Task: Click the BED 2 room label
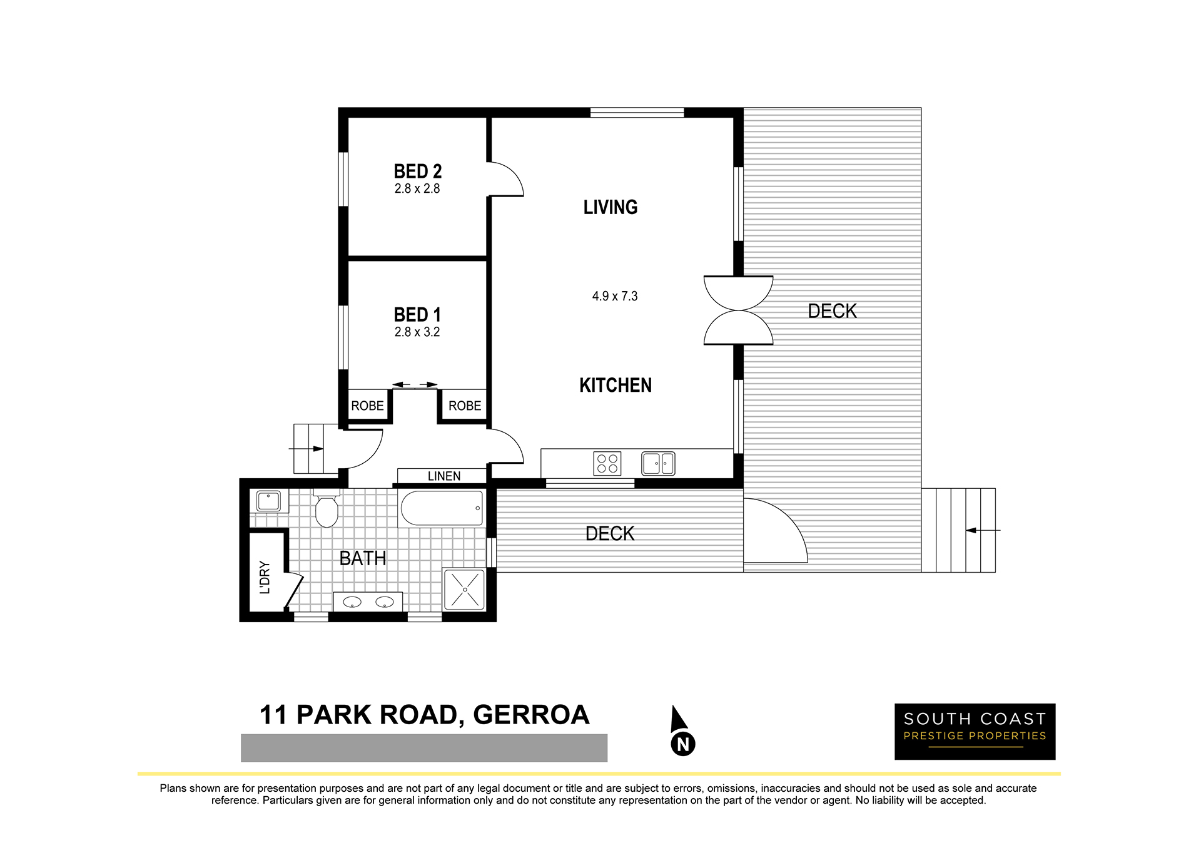tap(418, 172)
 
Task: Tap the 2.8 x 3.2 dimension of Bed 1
tap(417, 332)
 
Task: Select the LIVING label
tap(611, 207)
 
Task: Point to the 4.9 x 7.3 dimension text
tap(615, 296)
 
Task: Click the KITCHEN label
tap(616, 385)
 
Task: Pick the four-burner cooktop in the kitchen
tap(607, 463)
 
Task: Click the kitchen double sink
tap(658, 464)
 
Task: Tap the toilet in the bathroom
tap(327, 509)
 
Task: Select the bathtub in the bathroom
tap(442, 508)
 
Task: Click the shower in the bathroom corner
tap(464, 589)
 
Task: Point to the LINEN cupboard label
tap(444, 476)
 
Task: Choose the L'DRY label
tap(265, 576)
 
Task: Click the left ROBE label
tap(367, 406)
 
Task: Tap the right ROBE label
tap(465, 406)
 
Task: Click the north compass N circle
tap(683, 744)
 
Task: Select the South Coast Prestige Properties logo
tap(975, 732)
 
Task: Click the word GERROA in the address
tap(531, 715)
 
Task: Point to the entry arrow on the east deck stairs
tap(982, 530)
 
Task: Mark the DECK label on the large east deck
tap(832, 311)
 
